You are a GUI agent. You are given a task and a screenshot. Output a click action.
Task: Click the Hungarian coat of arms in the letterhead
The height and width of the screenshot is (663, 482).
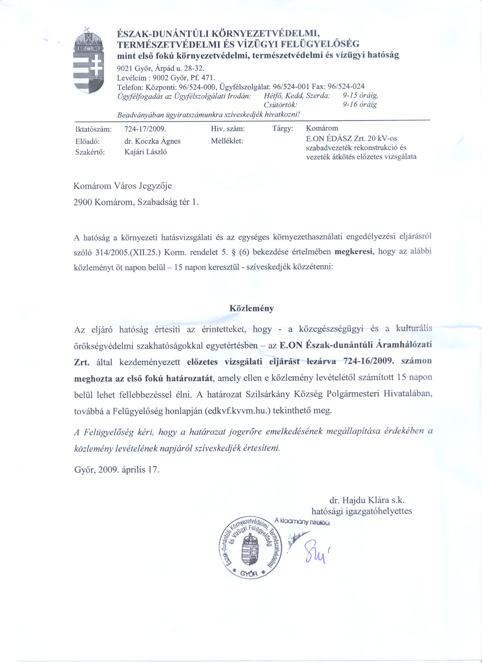click(88, 63)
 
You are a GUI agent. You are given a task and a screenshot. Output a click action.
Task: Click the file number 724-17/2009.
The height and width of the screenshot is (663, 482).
click(145, 129)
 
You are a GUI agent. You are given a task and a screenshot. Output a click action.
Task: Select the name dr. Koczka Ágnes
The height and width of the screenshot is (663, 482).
click(152, 141)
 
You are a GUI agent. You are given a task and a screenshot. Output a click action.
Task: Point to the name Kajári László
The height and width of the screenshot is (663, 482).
click(146, 152)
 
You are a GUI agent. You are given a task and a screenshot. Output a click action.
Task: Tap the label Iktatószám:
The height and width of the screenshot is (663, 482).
click(93, 129)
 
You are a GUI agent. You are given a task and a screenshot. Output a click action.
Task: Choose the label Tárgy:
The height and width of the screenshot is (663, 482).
click(283, 129)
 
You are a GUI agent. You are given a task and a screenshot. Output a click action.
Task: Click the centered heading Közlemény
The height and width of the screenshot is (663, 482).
click(252, 308)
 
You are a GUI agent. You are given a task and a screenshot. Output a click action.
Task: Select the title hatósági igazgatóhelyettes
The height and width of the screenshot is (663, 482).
click(361, 512)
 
